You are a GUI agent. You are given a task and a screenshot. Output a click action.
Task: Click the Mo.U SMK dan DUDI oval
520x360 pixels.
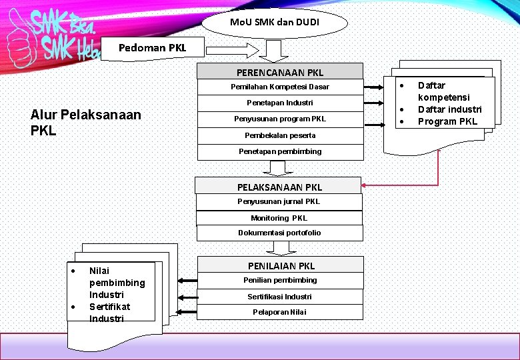[275, 23]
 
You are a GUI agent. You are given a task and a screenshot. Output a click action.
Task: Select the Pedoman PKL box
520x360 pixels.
[152, 48]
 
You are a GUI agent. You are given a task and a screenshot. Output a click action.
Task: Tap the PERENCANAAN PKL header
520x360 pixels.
[280, 72]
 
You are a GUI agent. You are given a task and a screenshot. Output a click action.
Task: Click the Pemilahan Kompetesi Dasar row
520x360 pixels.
[280, 87]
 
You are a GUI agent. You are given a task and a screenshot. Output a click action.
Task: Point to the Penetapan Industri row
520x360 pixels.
[280, 103]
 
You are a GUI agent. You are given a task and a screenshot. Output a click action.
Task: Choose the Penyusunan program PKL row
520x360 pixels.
[280, 119]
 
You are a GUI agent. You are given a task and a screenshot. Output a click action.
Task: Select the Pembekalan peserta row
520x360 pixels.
[280, 135]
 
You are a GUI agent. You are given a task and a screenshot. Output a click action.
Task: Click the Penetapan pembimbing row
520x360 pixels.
[280, 151]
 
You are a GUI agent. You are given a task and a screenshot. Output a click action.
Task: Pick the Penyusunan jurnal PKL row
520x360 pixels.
[279, 201]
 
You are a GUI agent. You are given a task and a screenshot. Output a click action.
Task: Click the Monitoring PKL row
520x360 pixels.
[279, 218]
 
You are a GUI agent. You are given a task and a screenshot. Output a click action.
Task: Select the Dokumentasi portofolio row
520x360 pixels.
[279, 233]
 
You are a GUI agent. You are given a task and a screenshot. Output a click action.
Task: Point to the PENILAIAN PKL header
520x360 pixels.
[281, 265]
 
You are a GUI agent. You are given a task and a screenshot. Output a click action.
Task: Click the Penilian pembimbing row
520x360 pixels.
[280, 280]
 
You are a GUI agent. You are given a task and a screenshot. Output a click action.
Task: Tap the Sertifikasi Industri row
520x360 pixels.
[280, 297]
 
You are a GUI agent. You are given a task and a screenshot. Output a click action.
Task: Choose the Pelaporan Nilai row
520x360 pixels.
[280, 312]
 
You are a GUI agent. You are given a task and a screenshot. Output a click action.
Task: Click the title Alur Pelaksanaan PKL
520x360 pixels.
[86, 122]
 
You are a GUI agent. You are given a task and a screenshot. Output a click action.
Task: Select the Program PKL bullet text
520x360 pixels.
[447, 121]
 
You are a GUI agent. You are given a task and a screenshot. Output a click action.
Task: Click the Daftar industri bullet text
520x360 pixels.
[449, 109]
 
